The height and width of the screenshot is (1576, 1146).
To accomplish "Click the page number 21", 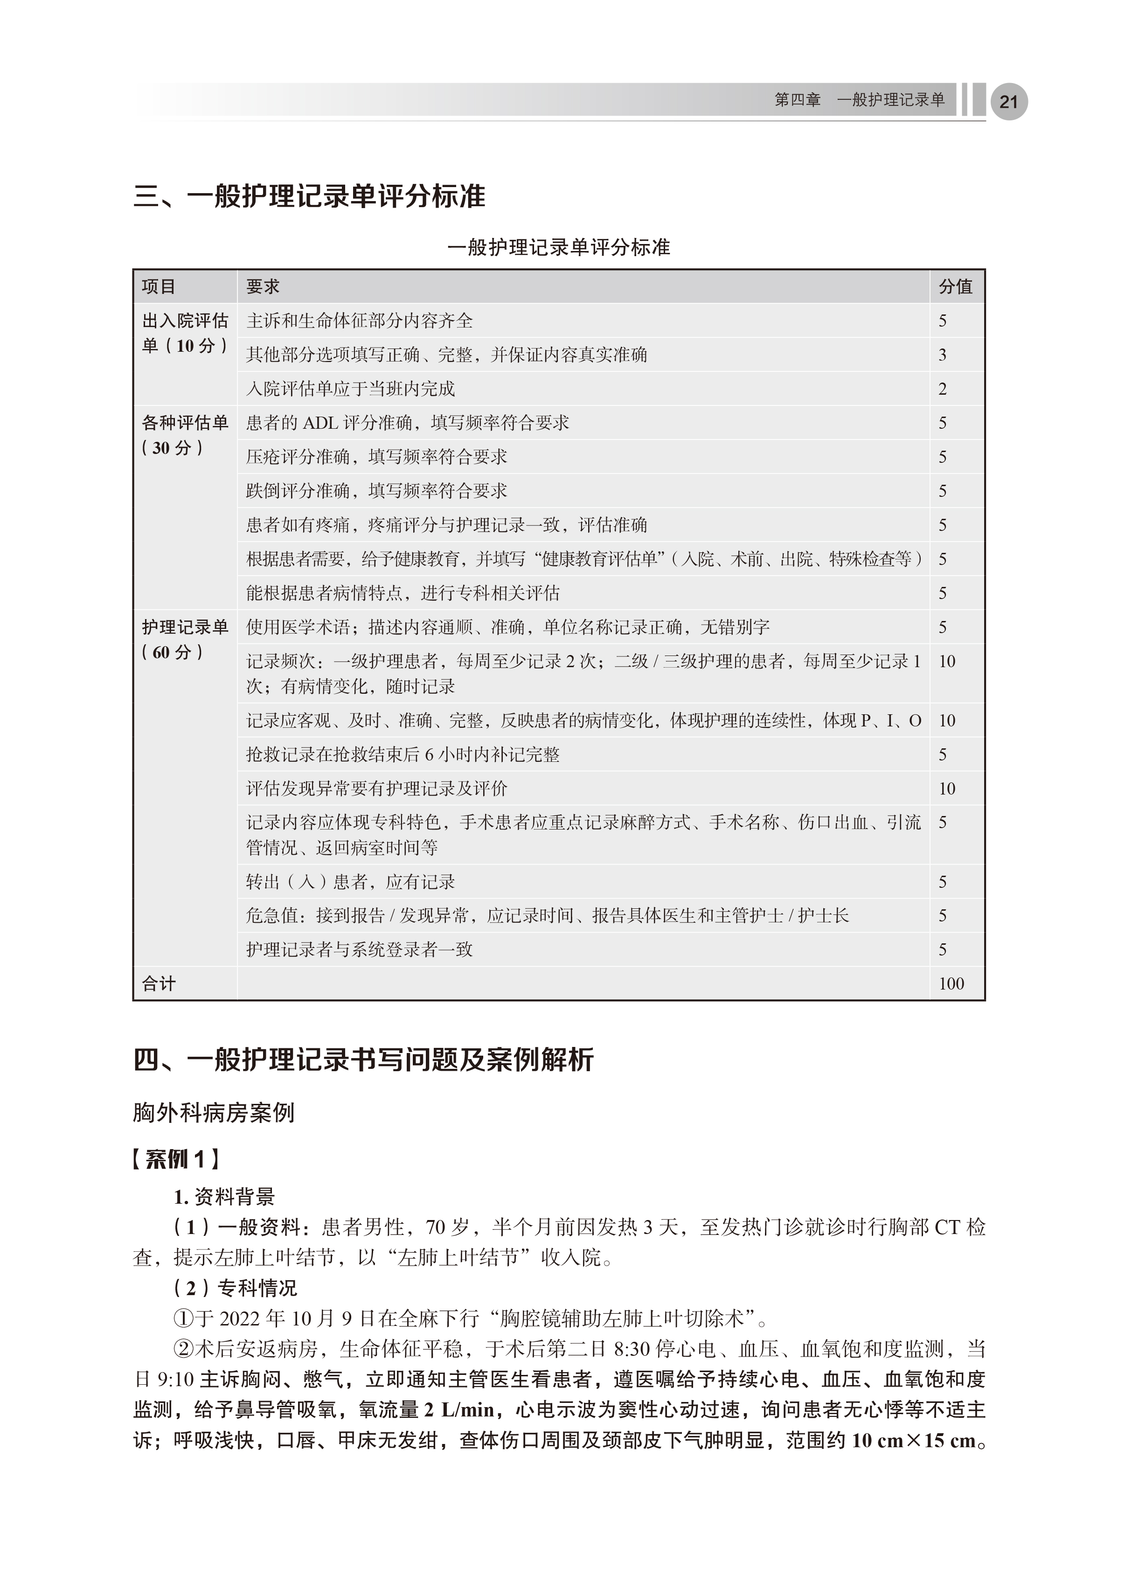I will [x=1008, y=102].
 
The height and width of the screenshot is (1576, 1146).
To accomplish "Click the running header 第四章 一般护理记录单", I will [x=859, y=100].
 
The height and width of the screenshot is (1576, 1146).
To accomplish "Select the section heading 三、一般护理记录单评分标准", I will [x=309, y=197].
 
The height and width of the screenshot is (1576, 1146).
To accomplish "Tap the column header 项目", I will [x=159, y=286].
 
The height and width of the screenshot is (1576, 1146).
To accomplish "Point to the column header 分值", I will [x=956, y=286].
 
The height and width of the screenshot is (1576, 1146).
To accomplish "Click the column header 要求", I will [x=263, y=286].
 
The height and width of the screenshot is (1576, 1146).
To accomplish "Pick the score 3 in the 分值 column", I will [x=943, y=355].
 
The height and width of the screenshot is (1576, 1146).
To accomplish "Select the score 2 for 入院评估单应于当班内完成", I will [x=943, y=389].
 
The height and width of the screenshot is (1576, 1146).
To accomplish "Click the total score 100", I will [x=951, y=983].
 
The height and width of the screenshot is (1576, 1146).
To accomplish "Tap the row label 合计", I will [x=159, y=983].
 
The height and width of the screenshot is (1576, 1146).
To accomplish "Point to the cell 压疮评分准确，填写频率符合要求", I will [x=376, y=457].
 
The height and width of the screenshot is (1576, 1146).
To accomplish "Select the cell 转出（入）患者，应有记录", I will [x=350, y=882].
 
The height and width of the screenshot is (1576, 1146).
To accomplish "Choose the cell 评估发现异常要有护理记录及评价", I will [x=376, y=788].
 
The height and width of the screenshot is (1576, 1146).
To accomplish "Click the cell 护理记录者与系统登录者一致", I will [x=359, y=949].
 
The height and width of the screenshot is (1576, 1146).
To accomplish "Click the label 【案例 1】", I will [x=176, y=1158].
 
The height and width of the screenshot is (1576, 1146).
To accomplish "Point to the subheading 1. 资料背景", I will [x=223, y=1197].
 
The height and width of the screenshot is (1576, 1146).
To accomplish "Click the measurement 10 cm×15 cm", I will [x=913, y=1441].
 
